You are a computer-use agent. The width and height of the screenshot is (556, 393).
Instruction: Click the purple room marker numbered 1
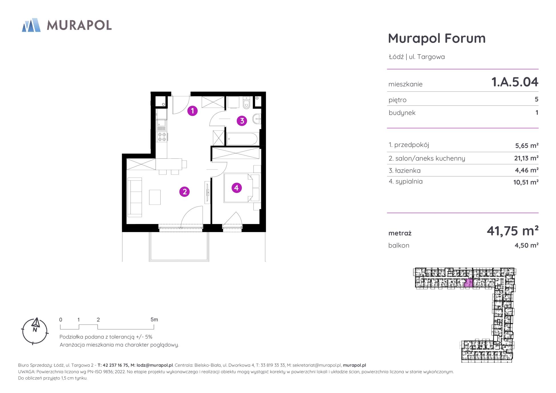193,111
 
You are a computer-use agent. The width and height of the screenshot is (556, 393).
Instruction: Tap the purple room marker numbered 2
185,192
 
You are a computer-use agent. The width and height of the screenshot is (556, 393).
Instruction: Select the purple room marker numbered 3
242,121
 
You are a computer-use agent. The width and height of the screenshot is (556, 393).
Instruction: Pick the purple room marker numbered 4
236,188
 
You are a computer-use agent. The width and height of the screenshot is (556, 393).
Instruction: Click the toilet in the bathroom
246,103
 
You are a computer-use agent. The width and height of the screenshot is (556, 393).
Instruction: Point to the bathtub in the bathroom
242,139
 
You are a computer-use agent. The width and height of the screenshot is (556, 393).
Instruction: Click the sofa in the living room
135,197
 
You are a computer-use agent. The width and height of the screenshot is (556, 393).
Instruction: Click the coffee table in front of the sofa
155,197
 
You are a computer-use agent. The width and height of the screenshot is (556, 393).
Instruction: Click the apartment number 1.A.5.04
515,82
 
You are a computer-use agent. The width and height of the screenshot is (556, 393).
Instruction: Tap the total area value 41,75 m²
513,231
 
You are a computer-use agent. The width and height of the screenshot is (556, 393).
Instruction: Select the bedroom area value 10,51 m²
526,182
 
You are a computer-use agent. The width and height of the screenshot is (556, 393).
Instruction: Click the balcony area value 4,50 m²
526,245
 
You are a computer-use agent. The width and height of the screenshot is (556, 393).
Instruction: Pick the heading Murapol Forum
437,38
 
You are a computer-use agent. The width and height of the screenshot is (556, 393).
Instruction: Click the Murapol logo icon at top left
31,25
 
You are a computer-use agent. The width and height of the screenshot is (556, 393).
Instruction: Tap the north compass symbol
35,331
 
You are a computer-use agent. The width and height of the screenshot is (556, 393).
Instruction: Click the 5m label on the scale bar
154,320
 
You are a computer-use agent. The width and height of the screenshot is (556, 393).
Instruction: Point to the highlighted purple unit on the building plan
468,283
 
